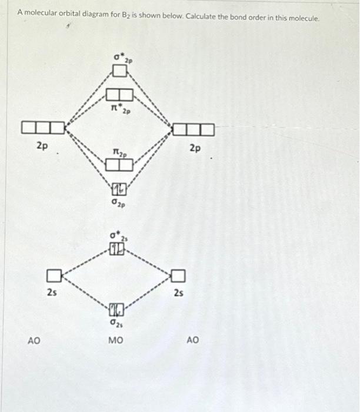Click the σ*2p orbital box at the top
pyautogui.click(x=119, y=71)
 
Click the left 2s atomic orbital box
pyautogui.click(x=54, y=274)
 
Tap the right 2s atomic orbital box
pyautogui.click(x=179, y=275)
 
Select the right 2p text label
pyautogui.click(x=195, y=148)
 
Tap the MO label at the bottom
pyautogui.click(x=116, y=340)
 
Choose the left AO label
pyautogui.click(x=35, y=340)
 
